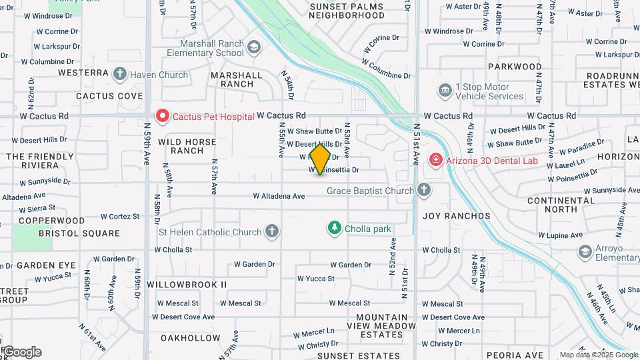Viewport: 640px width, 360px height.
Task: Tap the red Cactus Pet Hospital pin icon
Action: [x=162, y=116]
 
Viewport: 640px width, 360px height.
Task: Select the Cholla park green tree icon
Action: [x=335, y=229]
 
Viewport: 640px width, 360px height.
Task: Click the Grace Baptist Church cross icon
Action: [x=423, y=191]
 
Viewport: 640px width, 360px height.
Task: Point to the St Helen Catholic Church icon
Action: [x=271, y=232]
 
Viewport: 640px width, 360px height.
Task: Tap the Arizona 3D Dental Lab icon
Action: [x=435, y=159]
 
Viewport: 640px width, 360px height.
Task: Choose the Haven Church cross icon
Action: [x=120, y=74]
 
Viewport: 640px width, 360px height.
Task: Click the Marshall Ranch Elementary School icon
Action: [x=253, y=47]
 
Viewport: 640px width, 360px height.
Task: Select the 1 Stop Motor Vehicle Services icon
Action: [x=445, y=90]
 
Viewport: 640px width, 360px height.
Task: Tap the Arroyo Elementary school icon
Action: [x=585, y=251]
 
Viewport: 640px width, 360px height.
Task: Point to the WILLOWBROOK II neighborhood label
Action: [x=187, y=284]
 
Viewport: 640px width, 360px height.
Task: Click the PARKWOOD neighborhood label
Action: [x=515, y=67]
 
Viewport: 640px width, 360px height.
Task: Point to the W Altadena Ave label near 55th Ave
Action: [x=279, y=196]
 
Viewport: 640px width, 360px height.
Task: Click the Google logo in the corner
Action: [x=21, y=351]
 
